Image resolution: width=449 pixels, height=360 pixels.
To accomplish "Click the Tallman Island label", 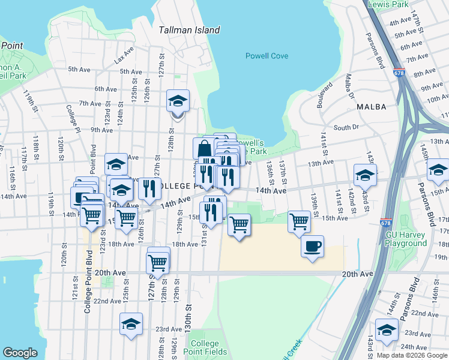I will coord(189,30).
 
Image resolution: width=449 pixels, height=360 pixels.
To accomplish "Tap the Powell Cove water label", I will coord(267,56).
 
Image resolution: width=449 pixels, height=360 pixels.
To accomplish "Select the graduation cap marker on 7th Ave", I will coord(178,100).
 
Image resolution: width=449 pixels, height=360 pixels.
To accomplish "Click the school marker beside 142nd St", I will coord(365,175).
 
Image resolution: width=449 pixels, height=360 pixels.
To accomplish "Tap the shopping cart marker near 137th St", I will coord(299,221).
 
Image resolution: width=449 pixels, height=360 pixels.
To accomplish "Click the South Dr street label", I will coord(346,128).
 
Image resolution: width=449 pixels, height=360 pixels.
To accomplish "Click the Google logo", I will coord(20,352).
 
